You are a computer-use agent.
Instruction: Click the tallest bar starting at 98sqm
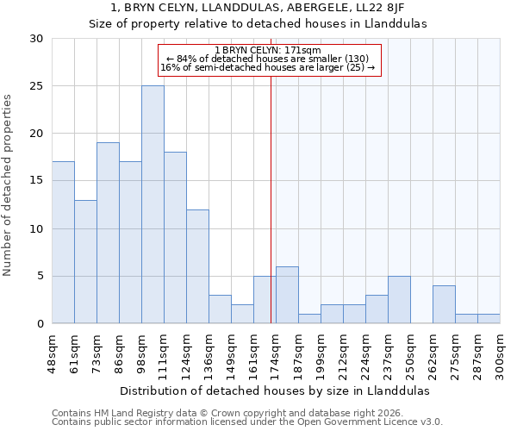(x=153, y=204)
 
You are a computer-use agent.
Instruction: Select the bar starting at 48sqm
(x=63, y=242)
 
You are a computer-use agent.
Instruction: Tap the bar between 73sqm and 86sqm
(x=108, y=233)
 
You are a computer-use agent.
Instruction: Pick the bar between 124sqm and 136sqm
(x=197, y=266)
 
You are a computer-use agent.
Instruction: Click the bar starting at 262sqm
(x=444, y=304)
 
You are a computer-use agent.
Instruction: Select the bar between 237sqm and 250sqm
(x=399, y=300)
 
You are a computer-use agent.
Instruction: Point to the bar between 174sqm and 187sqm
(x=287, y=295)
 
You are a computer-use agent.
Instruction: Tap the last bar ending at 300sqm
(x=489, y=319)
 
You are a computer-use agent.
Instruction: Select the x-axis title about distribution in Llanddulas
(x=274, y=390)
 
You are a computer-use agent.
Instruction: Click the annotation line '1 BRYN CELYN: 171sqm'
(x=267, y=50)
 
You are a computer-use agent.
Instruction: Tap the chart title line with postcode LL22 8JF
(x=258, y=8)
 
